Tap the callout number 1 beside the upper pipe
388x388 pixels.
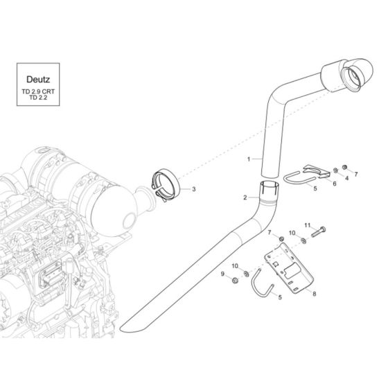coord(248,159)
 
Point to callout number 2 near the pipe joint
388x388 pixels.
coord(245,198)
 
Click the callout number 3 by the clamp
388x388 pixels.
coord(194,188)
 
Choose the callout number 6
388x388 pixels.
coord(334,184)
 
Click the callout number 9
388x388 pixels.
coord(223,275)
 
